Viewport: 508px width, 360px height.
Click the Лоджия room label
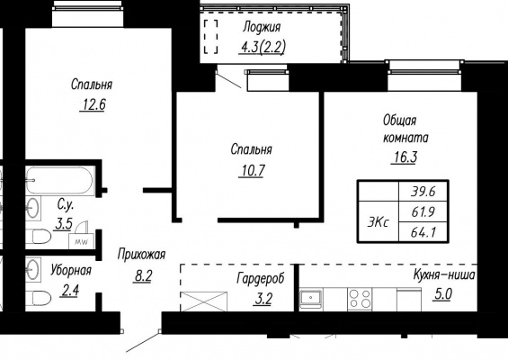(x=262, y=28)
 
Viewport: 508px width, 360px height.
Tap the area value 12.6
(x=93, y=104)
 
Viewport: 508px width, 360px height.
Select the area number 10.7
(x=252, y=170)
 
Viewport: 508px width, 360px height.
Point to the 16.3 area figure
(x=404, y=157)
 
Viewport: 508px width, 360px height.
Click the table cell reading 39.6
(x=423, y=192)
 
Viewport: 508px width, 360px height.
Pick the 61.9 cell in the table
(x=423, y=212)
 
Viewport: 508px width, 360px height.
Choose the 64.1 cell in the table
(x=423, y=232)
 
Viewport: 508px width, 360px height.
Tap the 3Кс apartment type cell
(x=379, y=222)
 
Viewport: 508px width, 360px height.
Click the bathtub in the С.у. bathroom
(x=59, y=180)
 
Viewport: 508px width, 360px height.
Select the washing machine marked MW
(x=81, y=241)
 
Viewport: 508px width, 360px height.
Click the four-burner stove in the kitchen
(x=360, y=299)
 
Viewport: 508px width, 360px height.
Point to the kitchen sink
(x=311, y=297)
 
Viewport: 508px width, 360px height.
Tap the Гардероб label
(x=261, y=279)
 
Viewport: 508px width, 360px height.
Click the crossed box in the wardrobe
(x=204, y=301)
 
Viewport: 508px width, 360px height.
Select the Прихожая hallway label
(x=141, y=255)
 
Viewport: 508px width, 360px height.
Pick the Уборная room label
(x=71, y=270)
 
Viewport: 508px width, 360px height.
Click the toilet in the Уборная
(x=39, y=298)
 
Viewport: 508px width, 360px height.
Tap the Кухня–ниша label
(x=444, y=275)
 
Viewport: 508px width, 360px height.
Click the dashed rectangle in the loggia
(x=210, y=36)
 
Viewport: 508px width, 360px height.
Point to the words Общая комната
(x=406, y=129)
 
